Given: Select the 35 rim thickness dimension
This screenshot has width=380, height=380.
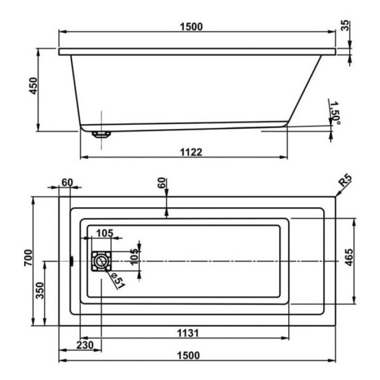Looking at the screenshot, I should [345, 26].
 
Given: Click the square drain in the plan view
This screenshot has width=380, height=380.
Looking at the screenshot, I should [101, 261].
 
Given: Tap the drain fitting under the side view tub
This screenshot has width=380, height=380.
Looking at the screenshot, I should [101, 134].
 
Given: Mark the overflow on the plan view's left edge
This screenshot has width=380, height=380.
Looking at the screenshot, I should [72, 260].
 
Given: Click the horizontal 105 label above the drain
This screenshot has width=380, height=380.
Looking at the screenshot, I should [104, 233].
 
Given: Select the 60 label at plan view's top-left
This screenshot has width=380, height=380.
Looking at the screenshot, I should [67, 183].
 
